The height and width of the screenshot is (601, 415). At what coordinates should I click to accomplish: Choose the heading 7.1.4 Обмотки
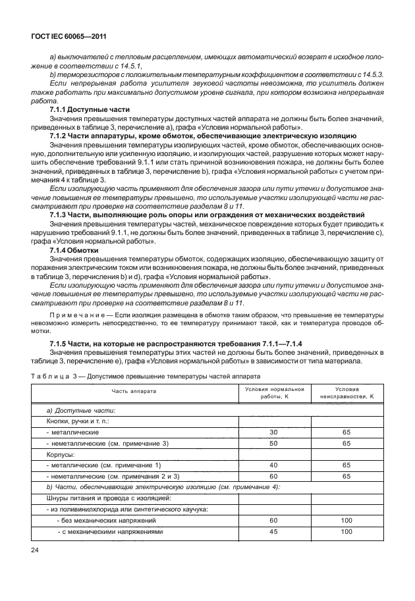tap(74, 250)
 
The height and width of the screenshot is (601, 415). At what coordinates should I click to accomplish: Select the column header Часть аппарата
tap(134, 391)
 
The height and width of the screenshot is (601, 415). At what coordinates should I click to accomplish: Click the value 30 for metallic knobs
tap(275, 432)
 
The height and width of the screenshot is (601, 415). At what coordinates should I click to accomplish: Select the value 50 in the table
tap(275, 443)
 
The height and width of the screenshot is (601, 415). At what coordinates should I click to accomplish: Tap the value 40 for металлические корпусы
tap(275, 465)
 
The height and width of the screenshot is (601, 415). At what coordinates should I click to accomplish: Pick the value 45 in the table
tap(275, 531)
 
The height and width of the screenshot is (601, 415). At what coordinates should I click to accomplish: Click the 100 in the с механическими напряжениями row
tap(346, 531)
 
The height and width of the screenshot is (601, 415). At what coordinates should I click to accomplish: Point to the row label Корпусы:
tap(61, 454)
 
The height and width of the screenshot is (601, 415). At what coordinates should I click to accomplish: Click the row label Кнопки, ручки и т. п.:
tap(76, 421)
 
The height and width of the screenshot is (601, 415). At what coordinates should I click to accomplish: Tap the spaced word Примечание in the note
tap(72, 317)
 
